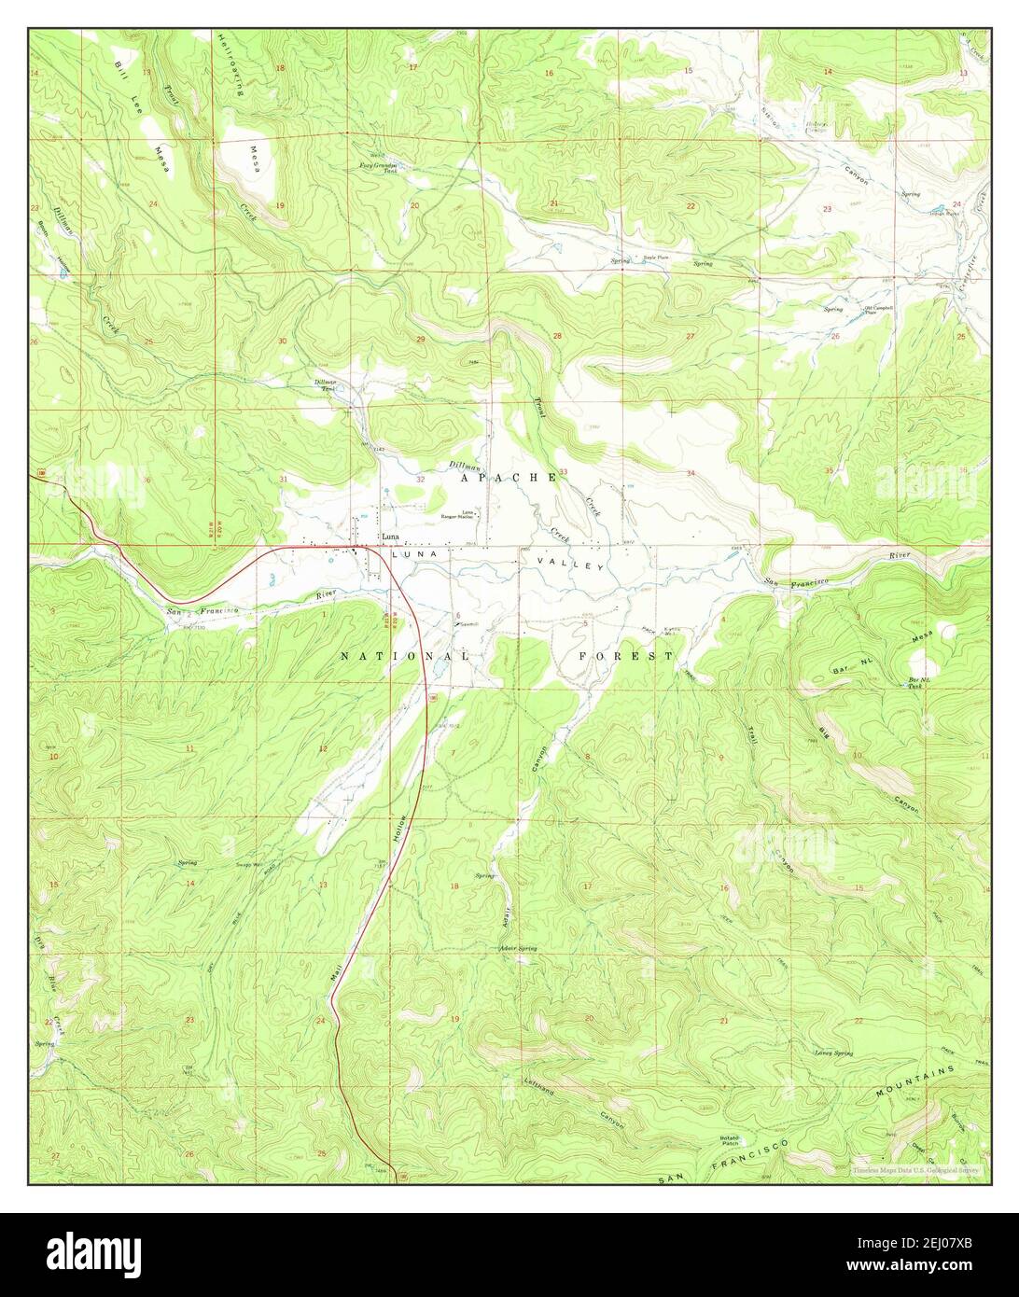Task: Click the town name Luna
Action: coord(391,537)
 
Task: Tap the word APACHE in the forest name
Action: coord(509,477)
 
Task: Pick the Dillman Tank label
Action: coord(324,384)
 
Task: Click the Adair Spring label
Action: coord(518,948)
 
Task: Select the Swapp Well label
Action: coord(248,866)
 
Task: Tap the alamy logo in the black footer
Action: coord(509,1254)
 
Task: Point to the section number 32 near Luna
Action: coord(421,480)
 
